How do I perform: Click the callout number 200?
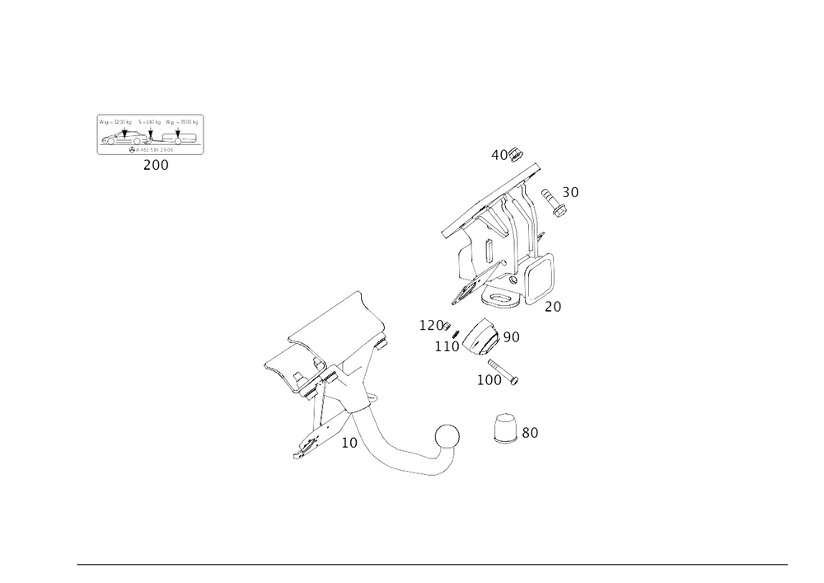[156, 165]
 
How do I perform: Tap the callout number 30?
[571, 192]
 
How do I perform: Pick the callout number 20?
[554, 307]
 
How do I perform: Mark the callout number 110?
[446, 346]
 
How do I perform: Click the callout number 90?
[511, 336]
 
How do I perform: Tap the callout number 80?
[531, 431]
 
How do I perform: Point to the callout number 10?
[349, 443]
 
